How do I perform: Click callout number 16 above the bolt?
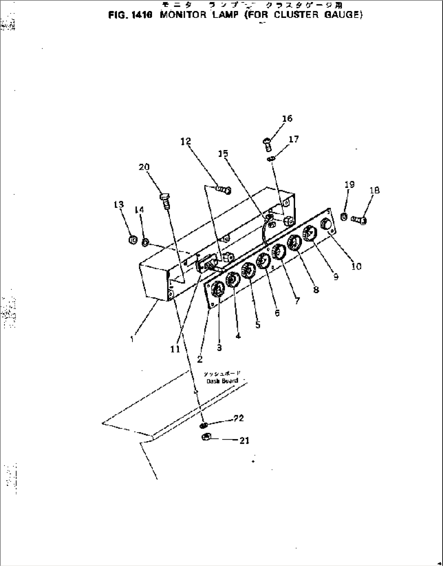tap(287, 118)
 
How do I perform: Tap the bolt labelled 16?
tap(266, 143)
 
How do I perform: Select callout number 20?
tap(144, 167)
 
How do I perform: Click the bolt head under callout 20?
tap(164, 197)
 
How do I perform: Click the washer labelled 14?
tap(145, 243)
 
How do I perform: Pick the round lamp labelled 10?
tap(326, 224)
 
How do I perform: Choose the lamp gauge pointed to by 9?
tap(310, 233)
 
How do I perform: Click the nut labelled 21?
tap(206, 437)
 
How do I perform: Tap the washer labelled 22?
tap(204, 425)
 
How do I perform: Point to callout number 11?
tap(175, 349)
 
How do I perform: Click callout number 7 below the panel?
tap(298, 301)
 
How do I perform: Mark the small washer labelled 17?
tap(271, 159)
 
